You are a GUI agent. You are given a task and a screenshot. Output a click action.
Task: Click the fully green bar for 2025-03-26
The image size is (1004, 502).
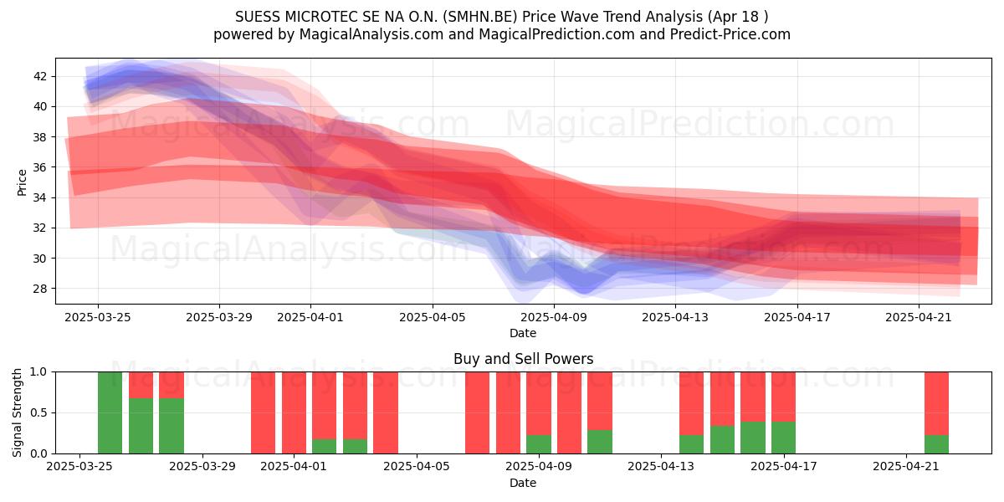[110, 412]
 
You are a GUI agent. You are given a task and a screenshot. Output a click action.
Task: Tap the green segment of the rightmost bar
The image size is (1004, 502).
[936, 444]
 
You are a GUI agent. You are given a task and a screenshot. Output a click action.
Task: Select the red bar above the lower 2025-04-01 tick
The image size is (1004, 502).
[294, 412]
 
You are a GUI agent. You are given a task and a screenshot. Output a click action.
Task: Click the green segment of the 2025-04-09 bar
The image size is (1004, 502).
[539, 444]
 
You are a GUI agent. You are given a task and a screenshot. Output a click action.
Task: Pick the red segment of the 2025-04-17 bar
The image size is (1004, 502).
[783, 397]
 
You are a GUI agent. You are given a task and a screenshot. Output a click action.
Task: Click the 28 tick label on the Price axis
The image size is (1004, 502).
[40, 289]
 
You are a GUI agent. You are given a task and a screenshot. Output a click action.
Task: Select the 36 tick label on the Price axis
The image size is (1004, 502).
[40, 167]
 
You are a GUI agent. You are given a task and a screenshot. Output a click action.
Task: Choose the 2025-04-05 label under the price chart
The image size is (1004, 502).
[433, 317]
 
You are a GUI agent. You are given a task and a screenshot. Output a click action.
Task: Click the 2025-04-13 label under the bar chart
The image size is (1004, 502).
[661, 467]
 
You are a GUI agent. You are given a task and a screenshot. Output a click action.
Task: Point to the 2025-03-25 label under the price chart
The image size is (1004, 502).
[98, 317]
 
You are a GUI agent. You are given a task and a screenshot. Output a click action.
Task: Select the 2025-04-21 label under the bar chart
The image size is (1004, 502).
[906, 467]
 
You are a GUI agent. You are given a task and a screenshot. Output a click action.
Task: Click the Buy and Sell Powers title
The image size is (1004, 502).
[523, 359]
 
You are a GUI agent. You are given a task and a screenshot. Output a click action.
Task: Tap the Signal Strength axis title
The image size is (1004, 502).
[17, 412]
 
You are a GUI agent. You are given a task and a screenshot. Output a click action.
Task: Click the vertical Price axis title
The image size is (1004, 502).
[22, 182]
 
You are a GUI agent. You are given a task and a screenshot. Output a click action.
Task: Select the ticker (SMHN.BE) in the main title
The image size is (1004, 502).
[480, 17]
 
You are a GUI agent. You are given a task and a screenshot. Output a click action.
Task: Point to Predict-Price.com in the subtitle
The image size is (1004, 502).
[730, 34]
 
